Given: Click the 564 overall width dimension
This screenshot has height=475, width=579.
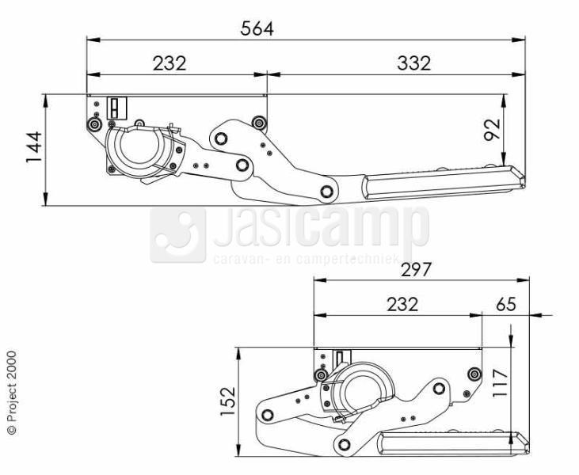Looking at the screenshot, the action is [257, 28].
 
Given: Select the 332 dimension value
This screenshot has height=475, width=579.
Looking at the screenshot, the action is [414, 63].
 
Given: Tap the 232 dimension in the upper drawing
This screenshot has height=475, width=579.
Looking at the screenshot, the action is [170, 63].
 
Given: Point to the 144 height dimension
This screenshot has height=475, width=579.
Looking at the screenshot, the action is [34, 146].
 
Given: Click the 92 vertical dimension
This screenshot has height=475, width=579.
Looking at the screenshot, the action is [492, 130].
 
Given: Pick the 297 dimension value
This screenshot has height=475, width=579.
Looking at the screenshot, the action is [416, 270].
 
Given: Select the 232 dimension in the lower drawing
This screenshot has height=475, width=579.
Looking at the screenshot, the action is [402, 305].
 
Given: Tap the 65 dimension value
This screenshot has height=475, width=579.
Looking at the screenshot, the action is [506, 305].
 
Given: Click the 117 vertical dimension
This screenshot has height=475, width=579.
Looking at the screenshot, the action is [500, 382].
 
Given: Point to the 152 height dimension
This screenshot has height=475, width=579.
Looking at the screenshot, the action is [228, 401].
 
